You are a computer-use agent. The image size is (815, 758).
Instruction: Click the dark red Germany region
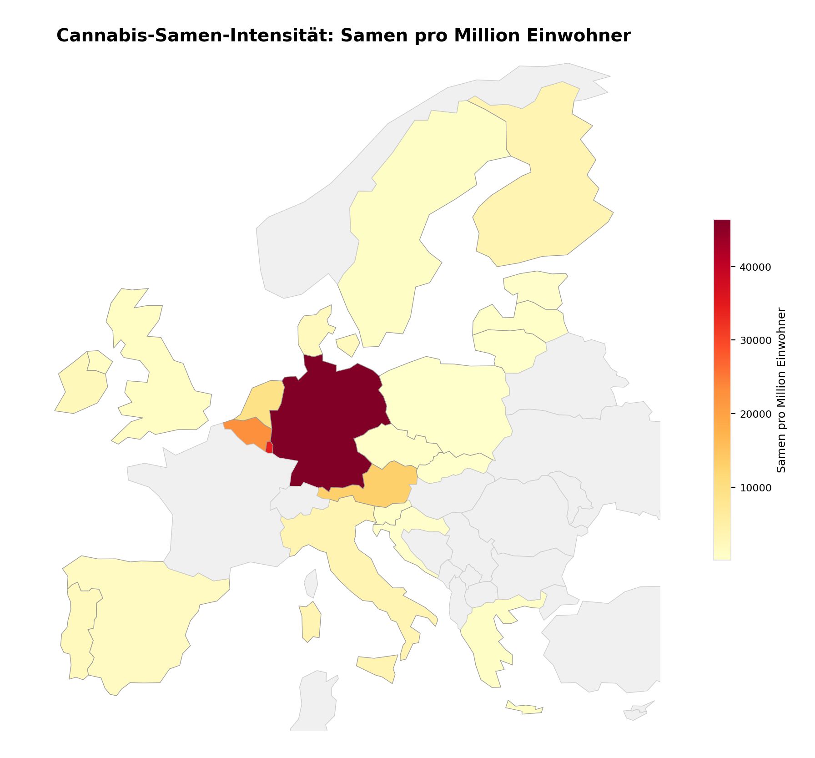pos(327,423)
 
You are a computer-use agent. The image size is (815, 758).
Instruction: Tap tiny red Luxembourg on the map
pos(269,447)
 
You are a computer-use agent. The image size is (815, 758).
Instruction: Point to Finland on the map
pos(546,191)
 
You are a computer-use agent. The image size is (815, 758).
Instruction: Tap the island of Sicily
pos(377,667)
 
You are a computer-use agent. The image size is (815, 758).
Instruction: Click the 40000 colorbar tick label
pos(755,268)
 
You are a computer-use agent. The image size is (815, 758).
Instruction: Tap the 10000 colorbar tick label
pos(755,488)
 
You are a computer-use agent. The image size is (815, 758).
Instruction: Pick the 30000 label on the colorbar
pos(755,341)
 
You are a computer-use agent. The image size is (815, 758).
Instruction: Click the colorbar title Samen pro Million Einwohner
pos(781,390)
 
